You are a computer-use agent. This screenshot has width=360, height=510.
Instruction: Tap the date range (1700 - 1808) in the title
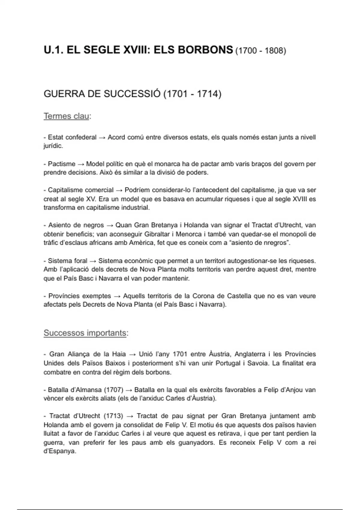click(x=260, y=51)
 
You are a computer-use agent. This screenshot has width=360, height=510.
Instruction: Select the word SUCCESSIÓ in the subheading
click(x=132, y=94)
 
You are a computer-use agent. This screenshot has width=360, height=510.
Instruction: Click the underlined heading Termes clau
click(x=66, y=116)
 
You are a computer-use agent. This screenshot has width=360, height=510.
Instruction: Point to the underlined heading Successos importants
click(x=85, y=333)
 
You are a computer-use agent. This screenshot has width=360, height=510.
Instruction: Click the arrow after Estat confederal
click(x=102, y=138)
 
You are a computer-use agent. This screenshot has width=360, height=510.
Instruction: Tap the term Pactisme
click(x=61, y=164)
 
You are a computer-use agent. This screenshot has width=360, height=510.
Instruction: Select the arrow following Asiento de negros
click(x=109, y=225)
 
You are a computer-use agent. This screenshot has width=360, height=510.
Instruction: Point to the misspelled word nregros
click(x=275, y=243)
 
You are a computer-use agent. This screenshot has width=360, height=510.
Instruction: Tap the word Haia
click(x=119, y=354)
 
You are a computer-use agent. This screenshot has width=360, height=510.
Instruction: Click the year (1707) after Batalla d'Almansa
click(x=113, y=390)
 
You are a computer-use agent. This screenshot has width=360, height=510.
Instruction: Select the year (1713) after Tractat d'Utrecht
click(x=113, y=416)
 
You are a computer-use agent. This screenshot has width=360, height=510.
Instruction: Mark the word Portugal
click(x=227, y=363)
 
